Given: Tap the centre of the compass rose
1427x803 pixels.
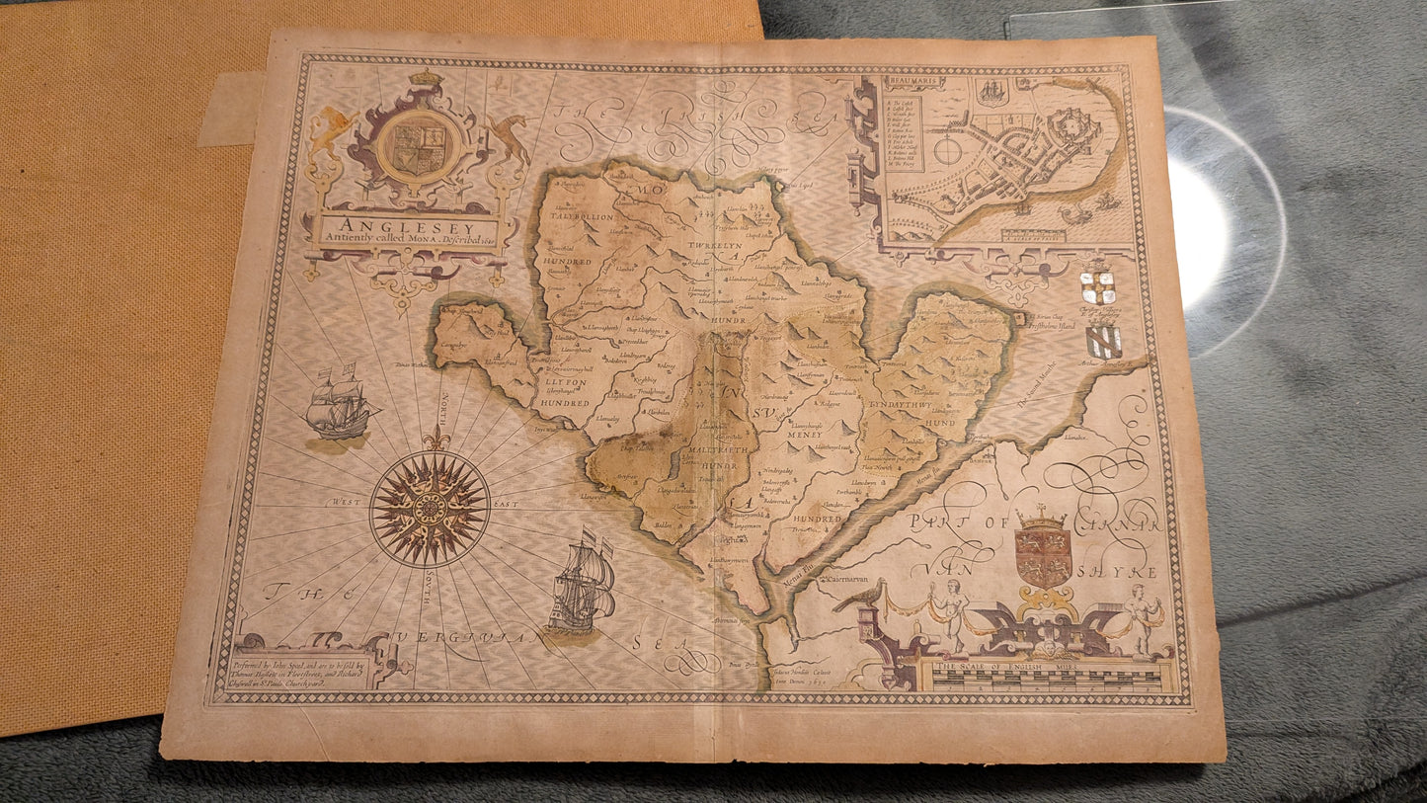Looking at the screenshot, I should [430, 508].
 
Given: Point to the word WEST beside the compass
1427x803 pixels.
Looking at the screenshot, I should [350, 503].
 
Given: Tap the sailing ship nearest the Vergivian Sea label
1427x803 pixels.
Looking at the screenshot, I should [583, 585].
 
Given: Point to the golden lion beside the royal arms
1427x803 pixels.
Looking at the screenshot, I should [332, 131].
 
